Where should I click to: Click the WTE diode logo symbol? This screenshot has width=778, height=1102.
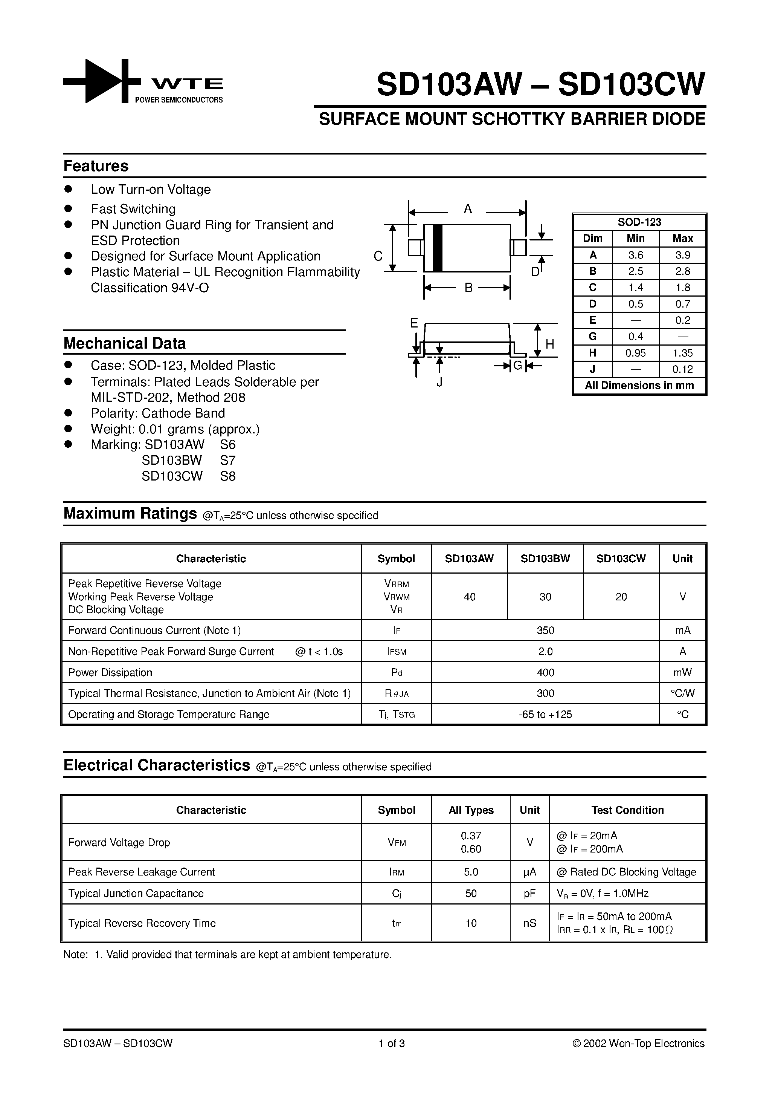102,81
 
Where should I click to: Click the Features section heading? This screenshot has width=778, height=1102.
96,166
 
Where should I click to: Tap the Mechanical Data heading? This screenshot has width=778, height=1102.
124,344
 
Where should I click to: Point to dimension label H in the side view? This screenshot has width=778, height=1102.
550,344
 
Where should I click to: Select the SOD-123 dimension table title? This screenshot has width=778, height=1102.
639,222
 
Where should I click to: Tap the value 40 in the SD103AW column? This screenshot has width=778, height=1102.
470,597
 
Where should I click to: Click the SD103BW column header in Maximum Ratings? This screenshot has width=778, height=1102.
545,559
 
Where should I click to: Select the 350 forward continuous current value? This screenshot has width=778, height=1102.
545,630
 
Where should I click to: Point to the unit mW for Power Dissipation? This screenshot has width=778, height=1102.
682,672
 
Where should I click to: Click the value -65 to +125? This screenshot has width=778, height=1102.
545,715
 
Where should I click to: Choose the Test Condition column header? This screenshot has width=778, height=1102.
627,810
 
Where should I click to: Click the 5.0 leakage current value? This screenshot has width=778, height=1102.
471,872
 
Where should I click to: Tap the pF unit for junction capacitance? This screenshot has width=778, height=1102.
529,894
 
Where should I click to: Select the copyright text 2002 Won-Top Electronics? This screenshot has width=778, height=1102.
638,1044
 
